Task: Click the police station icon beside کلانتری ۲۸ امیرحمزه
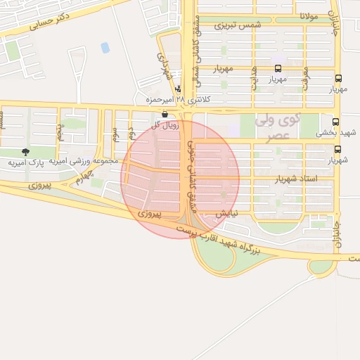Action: coord(177,89)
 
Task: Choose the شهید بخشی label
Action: coord(330,131)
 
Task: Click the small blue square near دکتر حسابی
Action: coord(105,48)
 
